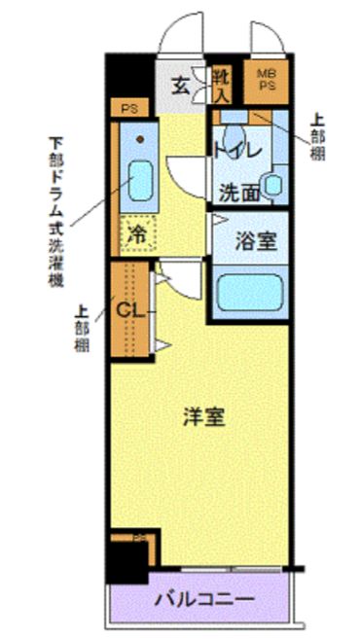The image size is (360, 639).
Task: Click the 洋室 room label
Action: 204,417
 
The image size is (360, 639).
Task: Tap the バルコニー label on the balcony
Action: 204,598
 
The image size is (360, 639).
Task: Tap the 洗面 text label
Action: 237,192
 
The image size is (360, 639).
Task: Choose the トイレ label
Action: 235,150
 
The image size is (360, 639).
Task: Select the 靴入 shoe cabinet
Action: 222,85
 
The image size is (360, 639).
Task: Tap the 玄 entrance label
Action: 182,84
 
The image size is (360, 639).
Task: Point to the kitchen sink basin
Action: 141,179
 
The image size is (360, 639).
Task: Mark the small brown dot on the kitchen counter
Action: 142,138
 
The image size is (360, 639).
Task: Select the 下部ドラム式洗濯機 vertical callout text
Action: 55,210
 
